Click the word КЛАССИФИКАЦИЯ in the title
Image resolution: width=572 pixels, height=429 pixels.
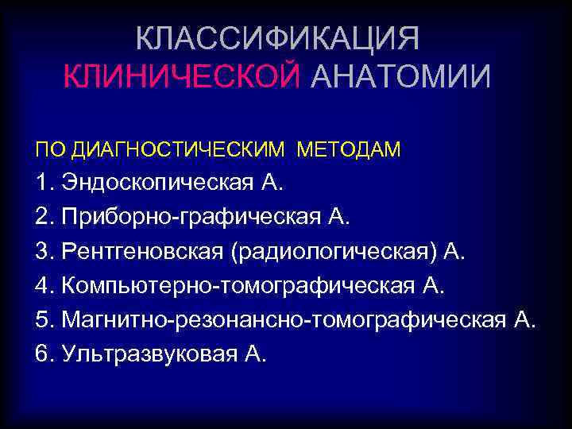[x=276, y=38]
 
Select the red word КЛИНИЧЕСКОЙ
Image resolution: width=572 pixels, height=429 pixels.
[x=182, y=77]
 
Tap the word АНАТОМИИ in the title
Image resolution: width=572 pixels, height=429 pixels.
[x=400, y=77]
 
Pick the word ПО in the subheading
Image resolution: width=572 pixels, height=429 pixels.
[x=47, y=149]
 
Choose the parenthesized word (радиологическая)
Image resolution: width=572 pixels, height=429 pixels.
[x=333, y=253]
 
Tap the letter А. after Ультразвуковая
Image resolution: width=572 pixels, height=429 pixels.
[x=254, y=354]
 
